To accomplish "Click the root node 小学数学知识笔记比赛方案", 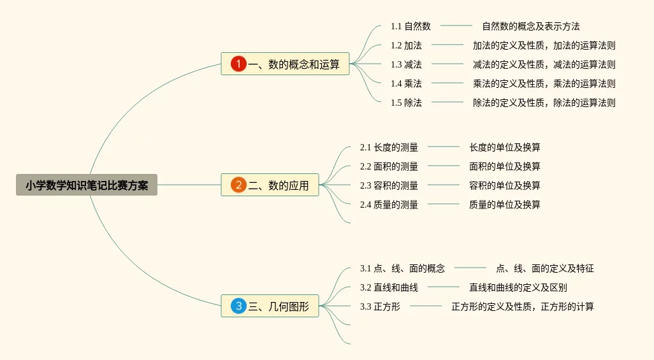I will click(x=87, y=185).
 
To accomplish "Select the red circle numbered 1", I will click(x=238, y=64).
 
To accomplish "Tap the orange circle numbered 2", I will click(x=238, y=185).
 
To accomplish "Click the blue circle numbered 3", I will click(x=238, y=306).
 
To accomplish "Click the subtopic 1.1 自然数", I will click(x=411, y=26).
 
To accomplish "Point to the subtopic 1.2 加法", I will click(x=406, y=45).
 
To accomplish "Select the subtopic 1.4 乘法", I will click(x=406, y=83).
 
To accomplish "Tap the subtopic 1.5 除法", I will click(x=406, y=103).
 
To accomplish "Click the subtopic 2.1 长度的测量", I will click(x=389, y=147).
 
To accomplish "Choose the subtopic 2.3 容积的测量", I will click(x=389, y=185).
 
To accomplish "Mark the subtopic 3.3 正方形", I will click(x=380, y=306).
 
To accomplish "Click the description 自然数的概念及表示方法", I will click(x=531, y=26).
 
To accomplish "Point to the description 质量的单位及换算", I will click(x=505, y=205).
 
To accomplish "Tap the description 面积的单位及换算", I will click(x=505, y=166).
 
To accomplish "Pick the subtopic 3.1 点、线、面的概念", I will click(x=402, y=268).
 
